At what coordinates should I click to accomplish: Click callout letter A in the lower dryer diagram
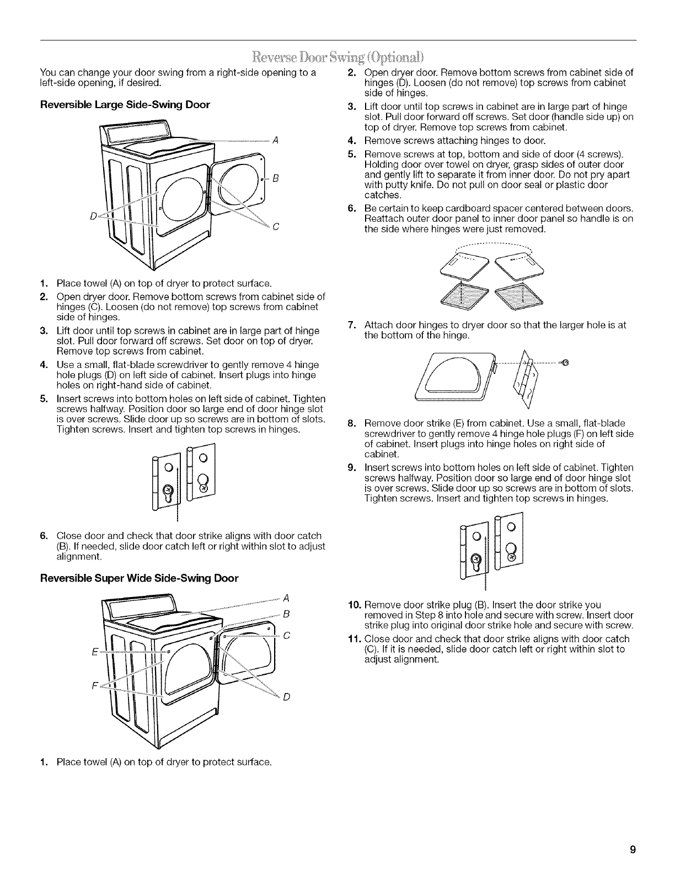coord(286,598)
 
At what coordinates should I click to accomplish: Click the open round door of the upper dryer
coord(238,182)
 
